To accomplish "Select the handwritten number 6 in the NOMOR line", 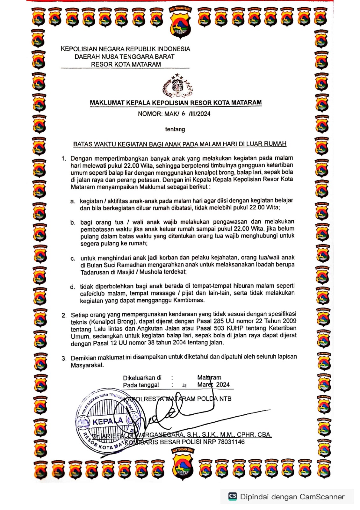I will (184, 113).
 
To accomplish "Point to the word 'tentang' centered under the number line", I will (175, 129).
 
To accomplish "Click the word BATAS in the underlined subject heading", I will (83, 144).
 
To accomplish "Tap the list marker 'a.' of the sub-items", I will (73, 201).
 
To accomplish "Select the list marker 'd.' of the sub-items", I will (73, 287).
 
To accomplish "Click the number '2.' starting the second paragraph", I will (64, 315).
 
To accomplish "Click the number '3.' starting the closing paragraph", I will (64, 358).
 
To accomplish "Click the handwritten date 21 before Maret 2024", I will (184, 385).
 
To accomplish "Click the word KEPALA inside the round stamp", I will (107, 422).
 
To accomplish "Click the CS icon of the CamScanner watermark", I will (233, 496).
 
